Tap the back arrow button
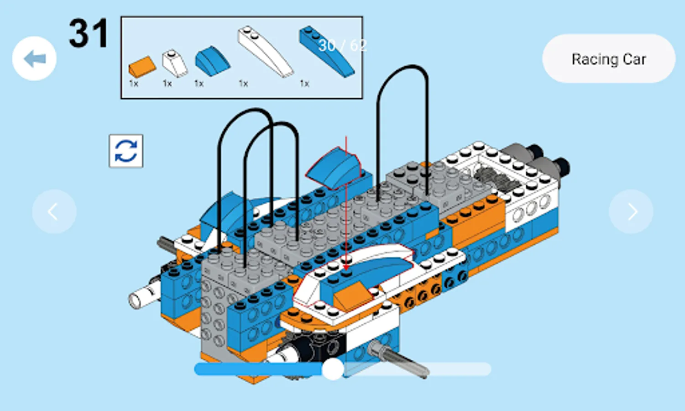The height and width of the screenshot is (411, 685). click(34, 58)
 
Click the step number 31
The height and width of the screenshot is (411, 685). click(89, 33)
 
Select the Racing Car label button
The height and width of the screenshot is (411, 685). click(608, 58)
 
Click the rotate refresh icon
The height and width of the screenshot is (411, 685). click(126, 151)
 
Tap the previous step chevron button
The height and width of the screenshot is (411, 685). click(54, 211)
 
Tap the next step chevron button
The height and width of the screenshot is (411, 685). click(631, 211)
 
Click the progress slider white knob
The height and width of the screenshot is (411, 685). click(333, 369)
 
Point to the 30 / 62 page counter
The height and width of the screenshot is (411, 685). click(342, 46)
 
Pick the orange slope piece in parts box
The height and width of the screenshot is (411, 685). click(142, 66)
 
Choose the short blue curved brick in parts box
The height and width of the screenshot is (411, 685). click(213, 61)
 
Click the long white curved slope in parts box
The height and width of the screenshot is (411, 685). click(265, 51)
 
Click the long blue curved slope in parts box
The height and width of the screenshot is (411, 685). click(327, 51)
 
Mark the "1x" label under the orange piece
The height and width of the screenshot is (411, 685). click(134, 84)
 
